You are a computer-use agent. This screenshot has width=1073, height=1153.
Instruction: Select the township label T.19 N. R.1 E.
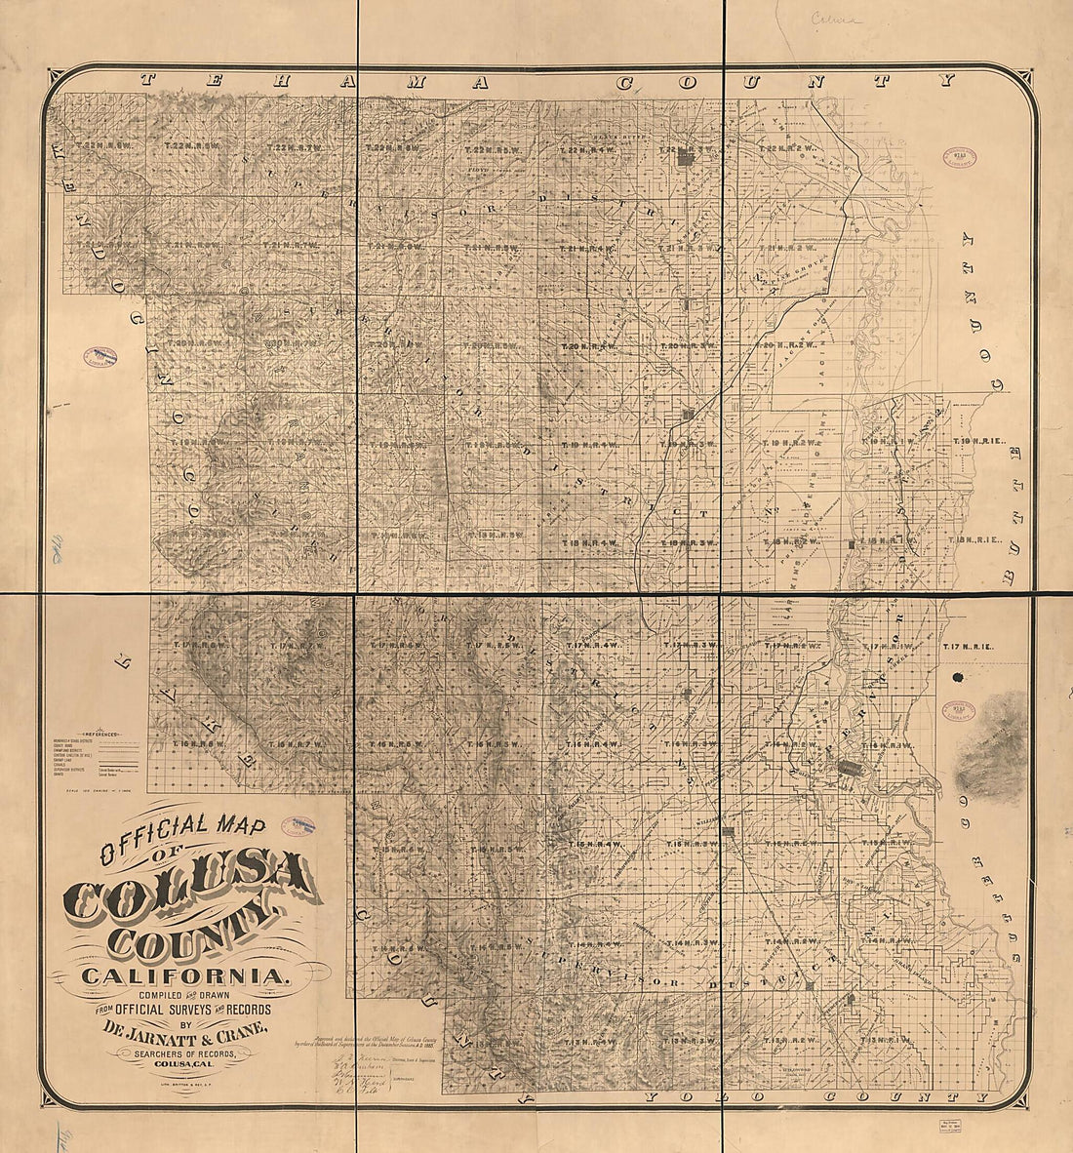pyautogui.click(x=978, y=443)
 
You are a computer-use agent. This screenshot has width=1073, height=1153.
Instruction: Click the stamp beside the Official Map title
pyautogui.click(x=298, y=825)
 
